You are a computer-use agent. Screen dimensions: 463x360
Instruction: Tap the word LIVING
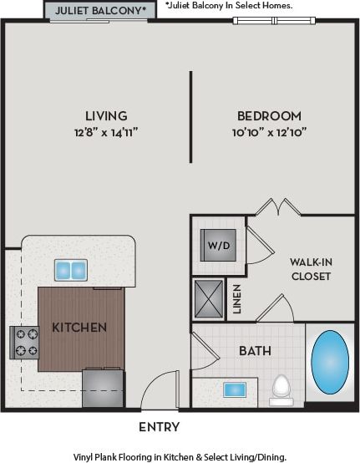pyautogui.click(x=106, y=115)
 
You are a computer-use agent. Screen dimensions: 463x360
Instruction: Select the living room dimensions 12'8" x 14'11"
pyautogui.click(x=106, y=131)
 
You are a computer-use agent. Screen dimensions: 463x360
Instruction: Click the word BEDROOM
pyautogui.click(x=269, y=115)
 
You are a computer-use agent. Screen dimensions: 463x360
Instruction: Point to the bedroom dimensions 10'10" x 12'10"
pyautogui.click(x=269, y=131)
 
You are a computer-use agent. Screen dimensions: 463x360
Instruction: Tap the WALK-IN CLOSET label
pyautogui.click(x=311, y=268)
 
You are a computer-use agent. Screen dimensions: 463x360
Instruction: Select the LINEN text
pyautogui.click(x=236, y=299)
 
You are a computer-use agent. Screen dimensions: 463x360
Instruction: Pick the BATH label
pyautogui.click(x=255, y=351)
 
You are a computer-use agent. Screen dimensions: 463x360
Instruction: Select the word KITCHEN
pyautogui.click(x=79, y=328)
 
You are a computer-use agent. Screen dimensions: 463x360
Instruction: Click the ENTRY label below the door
pyautogui.click(x=159, y=427)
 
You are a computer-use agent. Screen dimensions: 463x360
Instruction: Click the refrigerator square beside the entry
pyautogui.click(x=102, y=389)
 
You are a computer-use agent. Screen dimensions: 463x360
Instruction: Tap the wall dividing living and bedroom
pyautogui.click(x=191, y=116)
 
